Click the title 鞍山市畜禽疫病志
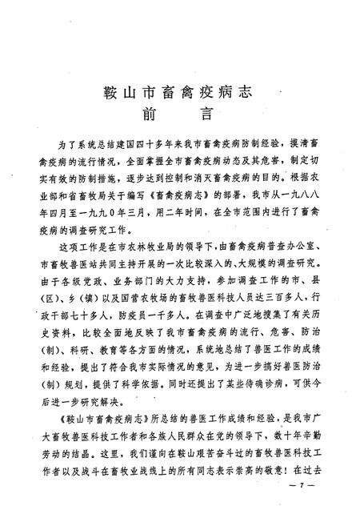coord(180,90)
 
